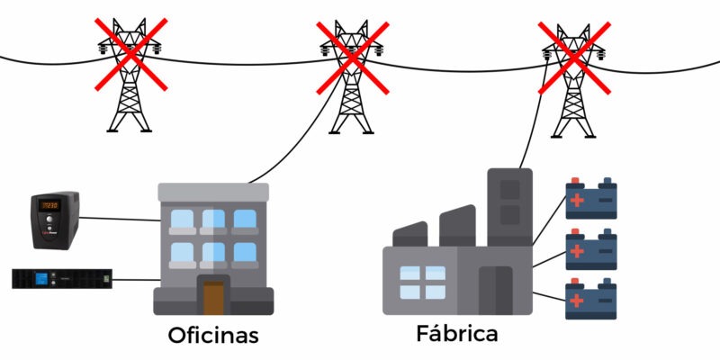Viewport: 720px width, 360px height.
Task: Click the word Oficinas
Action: click(213, 335)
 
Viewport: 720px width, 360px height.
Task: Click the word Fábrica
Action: click(457, 333)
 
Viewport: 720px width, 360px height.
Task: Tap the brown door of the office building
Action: click(213, 298)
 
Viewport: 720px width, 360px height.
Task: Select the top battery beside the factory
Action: click(591, 198)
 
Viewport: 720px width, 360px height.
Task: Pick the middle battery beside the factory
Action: click(591, 249)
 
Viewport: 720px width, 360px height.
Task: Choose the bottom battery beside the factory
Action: click(591, 299)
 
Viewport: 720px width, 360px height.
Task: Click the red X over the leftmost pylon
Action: click(130, 54)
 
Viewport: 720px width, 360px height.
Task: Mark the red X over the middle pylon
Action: click(353, 58)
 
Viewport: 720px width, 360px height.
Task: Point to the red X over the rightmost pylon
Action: click(574, 58)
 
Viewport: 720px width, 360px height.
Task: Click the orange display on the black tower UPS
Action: click(49, 206)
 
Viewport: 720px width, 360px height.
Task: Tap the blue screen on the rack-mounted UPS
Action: click(41, 278)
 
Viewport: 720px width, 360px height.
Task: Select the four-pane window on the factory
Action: click(422, 283)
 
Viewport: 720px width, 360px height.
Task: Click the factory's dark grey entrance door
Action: click(496, 290)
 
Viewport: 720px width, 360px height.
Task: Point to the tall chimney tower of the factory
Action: click(509, 207)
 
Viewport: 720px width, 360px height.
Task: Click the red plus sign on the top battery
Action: click(577, 200)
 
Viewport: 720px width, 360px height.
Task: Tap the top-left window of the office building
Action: click(183, 219)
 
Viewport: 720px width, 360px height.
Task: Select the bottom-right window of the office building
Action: click(245, 252)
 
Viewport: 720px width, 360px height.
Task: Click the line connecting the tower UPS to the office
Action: click(120, 219)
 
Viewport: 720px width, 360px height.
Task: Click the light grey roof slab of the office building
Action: click(213, 192)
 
